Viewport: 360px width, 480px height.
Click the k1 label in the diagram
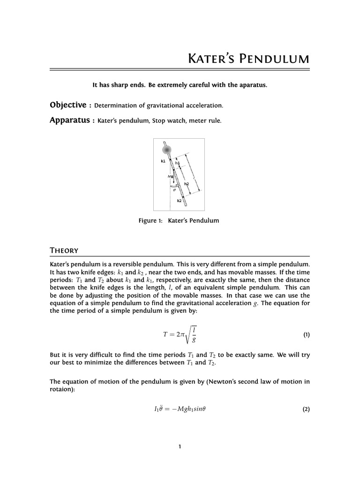click(163, 161)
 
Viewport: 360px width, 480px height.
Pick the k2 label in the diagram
click(179, 201)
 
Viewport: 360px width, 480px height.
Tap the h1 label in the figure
click(178, 163)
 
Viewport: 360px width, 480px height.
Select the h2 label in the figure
click(186, 184)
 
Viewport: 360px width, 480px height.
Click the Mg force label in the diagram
click(170, 176)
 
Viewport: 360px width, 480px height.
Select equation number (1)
click(306, 335)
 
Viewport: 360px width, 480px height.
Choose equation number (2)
click(306, 409)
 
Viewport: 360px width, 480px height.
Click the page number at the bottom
click(180, 446)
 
